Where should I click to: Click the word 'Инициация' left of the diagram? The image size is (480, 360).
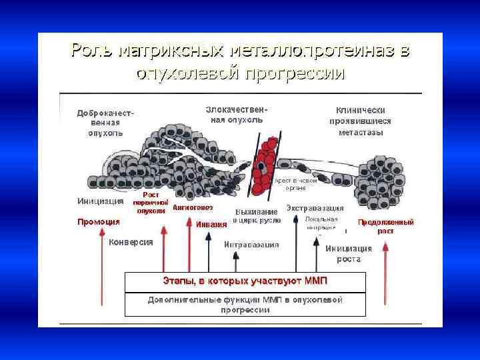(101, 201)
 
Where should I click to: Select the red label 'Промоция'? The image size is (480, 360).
(99, 222)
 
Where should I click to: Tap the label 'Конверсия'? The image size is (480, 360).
(131, 242)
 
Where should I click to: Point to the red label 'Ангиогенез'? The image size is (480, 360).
(193, 207)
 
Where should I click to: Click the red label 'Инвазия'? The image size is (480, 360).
(211, 224)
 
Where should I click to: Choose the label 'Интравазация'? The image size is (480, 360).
(251, 245)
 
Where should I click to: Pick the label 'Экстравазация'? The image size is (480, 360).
(315, 208)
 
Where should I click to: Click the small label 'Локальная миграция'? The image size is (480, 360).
(321, 223)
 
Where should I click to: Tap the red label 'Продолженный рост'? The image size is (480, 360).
(385, 226)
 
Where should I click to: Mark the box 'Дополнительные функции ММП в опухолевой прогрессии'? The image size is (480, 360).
(245, 304)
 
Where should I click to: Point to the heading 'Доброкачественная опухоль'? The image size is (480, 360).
(105, 123)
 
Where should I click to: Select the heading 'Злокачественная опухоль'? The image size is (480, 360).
(234, 115)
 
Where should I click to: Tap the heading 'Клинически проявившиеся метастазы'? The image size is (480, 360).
(360, 121)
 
